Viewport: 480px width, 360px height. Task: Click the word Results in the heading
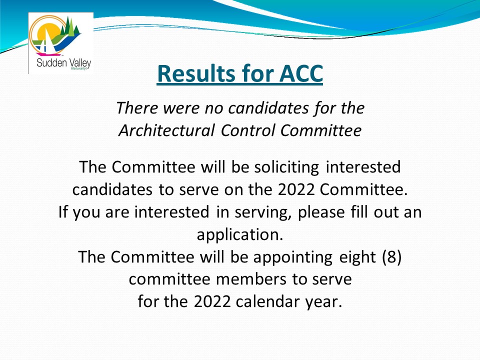[x=196, y=73]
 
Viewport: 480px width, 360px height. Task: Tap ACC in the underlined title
[x=301, y=73]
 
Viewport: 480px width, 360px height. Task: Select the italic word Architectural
[x=167, y=130]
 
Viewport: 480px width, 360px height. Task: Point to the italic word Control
[x=247, y=130]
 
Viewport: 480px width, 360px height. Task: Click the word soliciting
[x=286, y=167]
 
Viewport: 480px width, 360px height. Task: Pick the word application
[x=239, y=235]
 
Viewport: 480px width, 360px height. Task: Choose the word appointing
[x=292, y=257]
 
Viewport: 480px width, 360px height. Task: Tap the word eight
[x=357, y=257]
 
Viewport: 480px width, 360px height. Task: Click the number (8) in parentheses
[x=392, y=257]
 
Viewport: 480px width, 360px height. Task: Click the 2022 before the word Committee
[x=296, y=189]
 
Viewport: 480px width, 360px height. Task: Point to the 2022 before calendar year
[x=212, y=301]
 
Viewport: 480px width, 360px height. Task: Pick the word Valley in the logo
[x=80, y=63]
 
